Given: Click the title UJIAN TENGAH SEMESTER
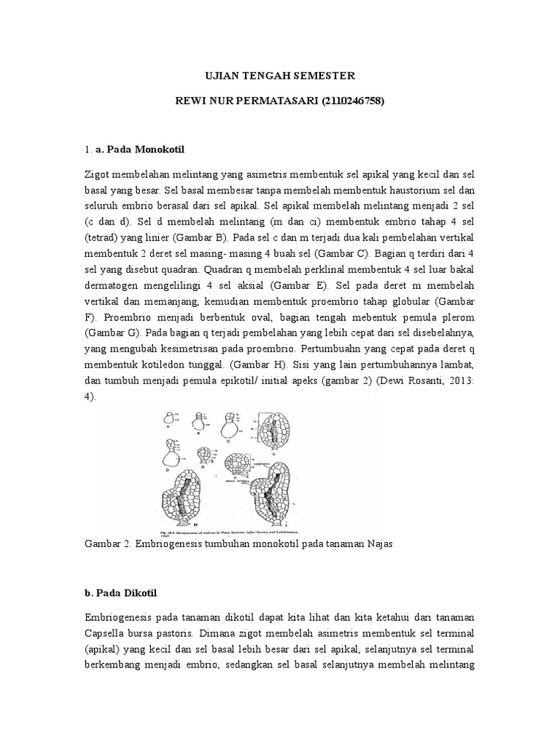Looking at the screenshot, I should click(279, 75).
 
